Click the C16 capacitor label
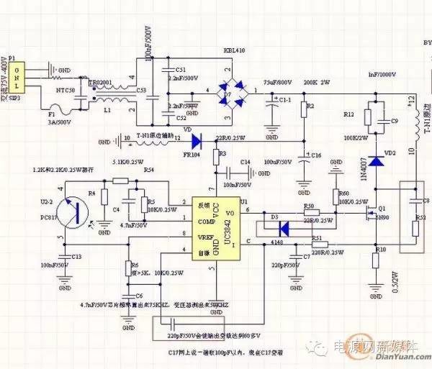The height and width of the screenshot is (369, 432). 315,155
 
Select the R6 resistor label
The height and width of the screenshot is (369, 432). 135,265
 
